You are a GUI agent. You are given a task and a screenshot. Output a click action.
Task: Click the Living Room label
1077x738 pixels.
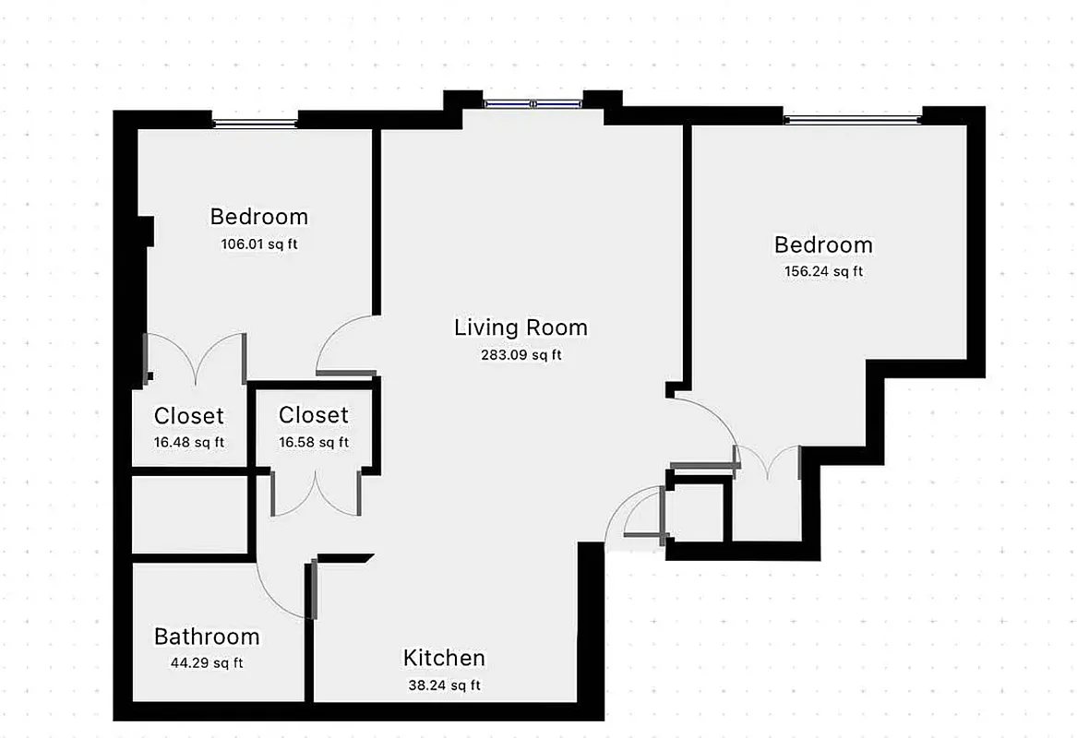pyautogui.click(x=521, y=327)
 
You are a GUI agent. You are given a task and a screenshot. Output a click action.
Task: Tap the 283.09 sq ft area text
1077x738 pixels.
pyautogui.click(x=521, y=354)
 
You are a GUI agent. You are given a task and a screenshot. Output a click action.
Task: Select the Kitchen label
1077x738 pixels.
pyautogui.click(x=444, y=658)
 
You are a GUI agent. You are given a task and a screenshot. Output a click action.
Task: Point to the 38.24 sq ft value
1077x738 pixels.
pyautogui.click(x=444, y=685)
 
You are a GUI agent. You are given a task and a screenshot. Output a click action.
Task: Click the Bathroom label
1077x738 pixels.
pyautogui.click(x=207, y=637)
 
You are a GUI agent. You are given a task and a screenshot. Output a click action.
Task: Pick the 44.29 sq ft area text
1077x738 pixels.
pyautogui.click(x=207, y=662)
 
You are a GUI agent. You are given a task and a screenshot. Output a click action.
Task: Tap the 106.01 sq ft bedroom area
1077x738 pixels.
pyautogui.click(x=259, y=244)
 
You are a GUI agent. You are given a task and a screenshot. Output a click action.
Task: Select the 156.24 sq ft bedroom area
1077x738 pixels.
pyautogui.click(x=823, y=271)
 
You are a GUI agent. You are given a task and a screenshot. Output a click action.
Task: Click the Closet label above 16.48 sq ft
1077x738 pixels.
pyautogui.click(x=189, y=416)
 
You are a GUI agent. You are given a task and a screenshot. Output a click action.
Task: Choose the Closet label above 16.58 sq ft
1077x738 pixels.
pyautogui.click(x=314, y=415)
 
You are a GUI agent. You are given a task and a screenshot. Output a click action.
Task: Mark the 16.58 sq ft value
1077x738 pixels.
pyautogui.click(x=314, y=442)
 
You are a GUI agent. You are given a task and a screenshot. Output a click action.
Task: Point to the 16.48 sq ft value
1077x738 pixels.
pyautogui.click(x=189, y=442)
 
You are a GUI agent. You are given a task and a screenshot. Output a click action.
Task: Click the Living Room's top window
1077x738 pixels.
pyautogui.click(x=533, y=104)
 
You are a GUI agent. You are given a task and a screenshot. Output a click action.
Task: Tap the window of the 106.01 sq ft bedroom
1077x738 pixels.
pyautogui.click(x=255, y=122)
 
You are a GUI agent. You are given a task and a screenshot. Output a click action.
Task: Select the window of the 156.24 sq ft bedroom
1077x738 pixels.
pyautogui.click(x=852, y=119)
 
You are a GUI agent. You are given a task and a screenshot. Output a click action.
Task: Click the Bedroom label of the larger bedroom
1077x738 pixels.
pyautogui.click(x=823, y=244)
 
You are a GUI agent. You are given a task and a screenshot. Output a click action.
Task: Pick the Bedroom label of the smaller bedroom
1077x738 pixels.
pyautogui.click(x=259, y=217)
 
